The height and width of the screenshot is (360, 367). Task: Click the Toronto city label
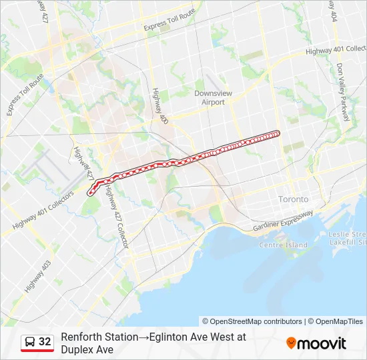[293, 199]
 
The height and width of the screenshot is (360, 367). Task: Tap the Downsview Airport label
[213, 98]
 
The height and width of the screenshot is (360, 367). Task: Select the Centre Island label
[284, 245]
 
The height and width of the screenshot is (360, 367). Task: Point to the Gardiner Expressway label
[282, 222]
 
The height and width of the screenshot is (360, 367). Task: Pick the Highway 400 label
[159, 107]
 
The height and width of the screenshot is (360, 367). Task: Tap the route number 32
[45, 342]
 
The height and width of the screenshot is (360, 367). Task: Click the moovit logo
[316, 343]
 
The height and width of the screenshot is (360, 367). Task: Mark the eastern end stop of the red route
[278, 133]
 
